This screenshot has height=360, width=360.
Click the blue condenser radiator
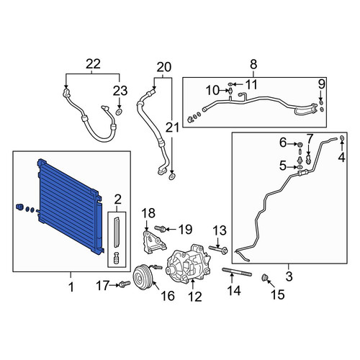click(70, 207)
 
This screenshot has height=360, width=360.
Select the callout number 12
click(195, 297)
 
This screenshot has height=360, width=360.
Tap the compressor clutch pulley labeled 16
click(143, 277)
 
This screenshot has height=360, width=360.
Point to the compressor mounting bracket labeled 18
click(154, 242)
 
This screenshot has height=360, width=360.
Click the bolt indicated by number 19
click(160, 228)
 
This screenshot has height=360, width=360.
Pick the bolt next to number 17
click(125, 284)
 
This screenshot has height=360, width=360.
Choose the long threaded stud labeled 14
click(237, 271)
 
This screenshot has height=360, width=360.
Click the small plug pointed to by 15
click(265, 278)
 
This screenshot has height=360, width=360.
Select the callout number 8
click(253, 64)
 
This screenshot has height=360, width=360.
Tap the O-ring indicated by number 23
click(119, 112)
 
